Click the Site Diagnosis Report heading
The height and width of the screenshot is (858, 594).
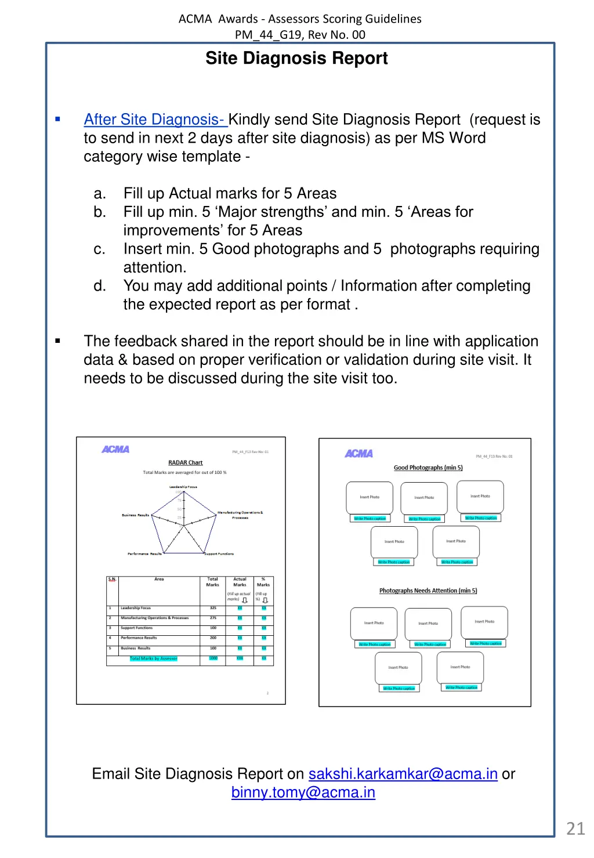click(x=296, y=59)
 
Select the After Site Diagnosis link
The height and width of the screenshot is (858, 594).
click(x=154, y=120)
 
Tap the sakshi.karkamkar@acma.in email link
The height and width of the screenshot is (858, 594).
click(x=403, y=774)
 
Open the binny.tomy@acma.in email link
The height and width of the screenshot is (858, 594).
click(x=303, y=792)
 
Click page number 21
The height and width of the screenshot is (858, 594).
click(x=575, y=828)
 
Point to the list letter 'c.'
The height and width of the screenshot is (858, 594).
click(x=100, y=249)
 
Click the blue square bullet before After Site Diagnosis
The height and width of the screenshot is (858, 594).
click(x=58, y=120)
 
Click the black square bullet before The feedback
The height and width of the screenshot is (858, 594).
click(x=58, y=341)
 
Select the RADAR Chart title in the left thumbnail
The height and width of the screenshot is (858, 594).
click(x=185, y=463)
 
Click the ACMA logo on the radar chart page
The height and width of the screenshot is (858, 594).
click(x=115, y=450)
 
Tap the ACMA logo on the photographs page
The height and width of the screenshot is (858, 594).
click(x=358, y=454)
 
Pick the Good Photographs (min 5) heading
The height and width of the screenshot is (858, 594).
click(x=428, y=468)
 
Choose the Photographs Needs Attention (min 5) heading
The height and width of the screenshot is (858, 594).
click(x=428, y=591)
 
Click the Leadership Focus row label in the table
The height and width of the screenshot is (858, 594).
click(x=136, y=608)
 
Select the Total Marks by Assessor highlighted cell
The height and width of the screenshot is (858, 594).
click(x=153, y=658)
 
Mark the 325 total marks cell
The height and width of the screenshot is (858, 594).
click(x=213, y=608)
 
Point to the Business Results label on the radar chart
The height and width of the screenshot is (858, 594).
click(x=135, y=515)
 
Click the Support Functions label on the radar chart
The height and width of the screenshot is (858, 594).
click(x=219, y=554)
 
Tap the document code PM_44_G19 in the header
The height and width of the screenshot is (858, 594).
click(x=268, y=35)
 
